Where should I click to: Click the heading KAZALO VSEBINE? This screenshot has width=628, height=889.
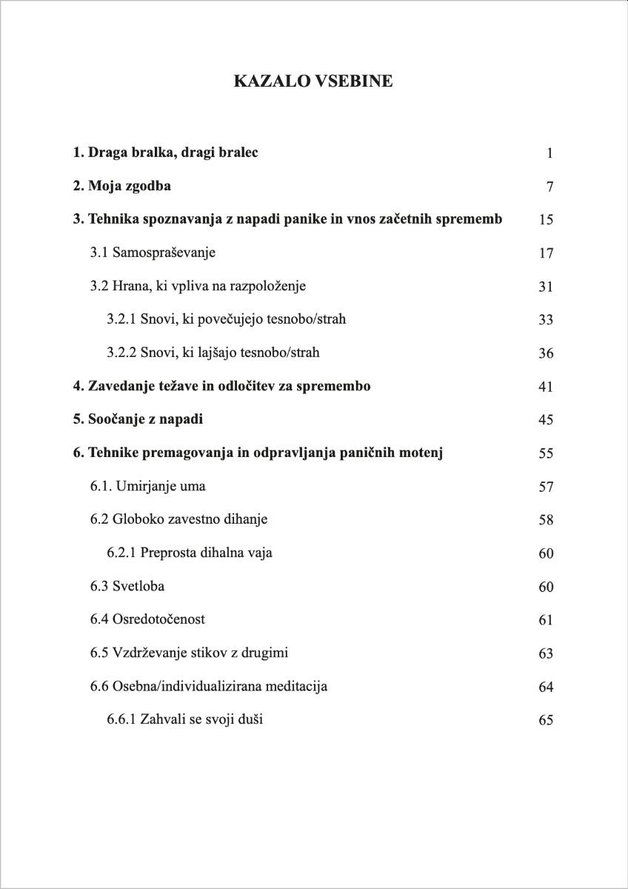tap(313, 81)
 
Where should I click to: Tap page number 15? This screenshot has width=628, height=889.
tap(546, 220)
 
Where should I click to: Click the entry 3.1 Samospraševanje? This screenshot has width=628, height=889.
tap(153, 253)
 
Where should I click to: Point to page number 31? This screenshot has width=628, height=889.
tap(546, 287)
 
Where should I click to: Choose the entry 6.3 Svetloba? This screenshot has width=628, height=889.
tap(127, 586)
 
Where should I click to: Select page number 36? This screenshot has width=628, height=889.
tap(546, 353)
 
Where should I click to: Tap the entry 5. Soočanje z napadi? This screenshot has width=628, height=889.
tap(138, 419)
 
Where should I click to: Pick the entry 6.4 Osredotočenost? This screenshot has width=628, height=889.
tap(147, 619)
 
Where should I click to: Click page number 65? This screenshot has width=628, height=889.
tap(546, 720)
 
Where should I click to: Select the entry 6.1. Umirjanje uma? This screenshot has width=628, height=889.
tap(148, 487)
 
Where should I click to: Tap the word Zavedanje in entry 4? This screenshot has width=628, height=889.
tap(121, 386)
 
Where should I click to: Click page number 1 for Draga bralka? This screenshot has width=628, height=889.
tap(549, 153)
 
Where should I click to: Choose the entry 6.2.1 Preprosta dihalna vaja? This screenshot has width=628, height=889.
tap(189, 553)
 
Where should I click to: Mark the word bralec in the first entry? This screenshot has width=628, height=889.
tap(237, 153)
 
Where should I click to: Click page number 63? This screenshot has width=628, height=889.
tap(546, 653)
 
